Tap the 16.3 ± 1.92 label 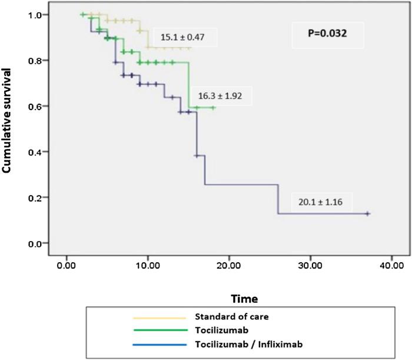(221, 95)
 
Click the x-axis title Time (244, 299)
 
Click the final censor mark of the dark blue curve (367, 214)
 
